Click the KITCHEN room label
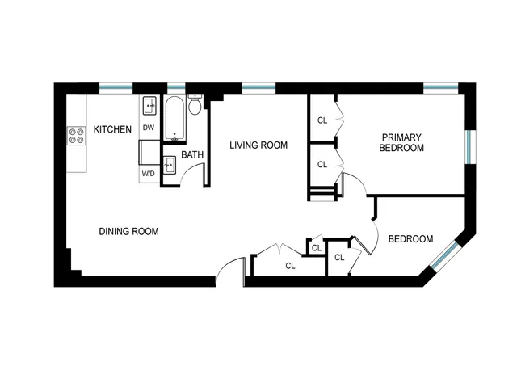pyautogui.click(x=112, y=129)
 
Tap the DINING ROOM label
pyautogui.click(x=128, y=231)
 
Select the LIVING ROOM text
pyautogui.click(x=258, y=145)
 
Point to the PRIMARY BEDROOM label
pyautogui.click(x=402, y=142)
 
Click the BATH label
pyautogui.click(x=192, y=154)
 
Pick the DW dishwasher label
pyautogui.click(x=149, y=128)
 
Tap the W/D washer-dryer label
pyautogui.click(x=149, y=174)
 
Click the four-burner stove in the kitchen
pyautogui.click(x=77, y=136)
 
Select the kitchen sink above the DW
pyautogui.click(x=149, y=106)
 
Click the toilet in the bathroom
pyautogui.click(x=195, y=107)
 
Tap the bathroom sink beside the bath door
pyautogui.click(x=170, y=165)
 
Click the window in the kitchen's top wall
pyautogui.click(x=116, y=87)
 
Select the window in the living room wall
pyautogui.click(x=258, y=87)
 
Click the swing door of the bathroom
pyautogui.click(x=191, y=172)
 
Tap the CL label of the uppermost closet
pyautogui.click(x=322, y=120)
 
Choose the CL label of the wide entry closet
pyautogui.click(x=290, y=265)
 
